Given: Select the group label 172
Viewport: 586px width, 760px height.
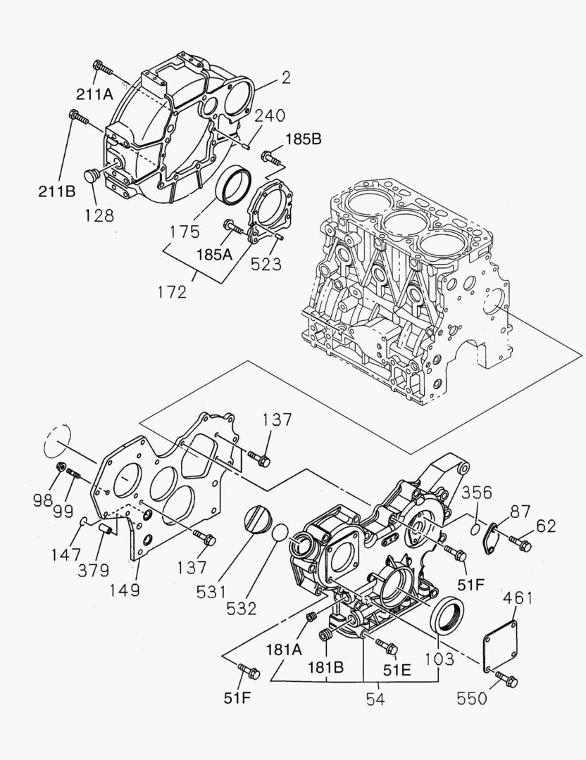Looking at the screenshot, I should (173, 290).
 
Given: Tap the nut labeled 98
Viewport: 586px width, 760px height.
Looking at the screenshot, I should (61, 467).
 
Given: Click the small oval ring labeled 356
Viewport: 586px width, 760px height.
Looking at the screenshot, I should (475, 526).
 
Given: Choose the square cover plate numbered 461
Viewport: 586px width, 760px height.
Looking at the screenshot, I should (499, 643).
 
